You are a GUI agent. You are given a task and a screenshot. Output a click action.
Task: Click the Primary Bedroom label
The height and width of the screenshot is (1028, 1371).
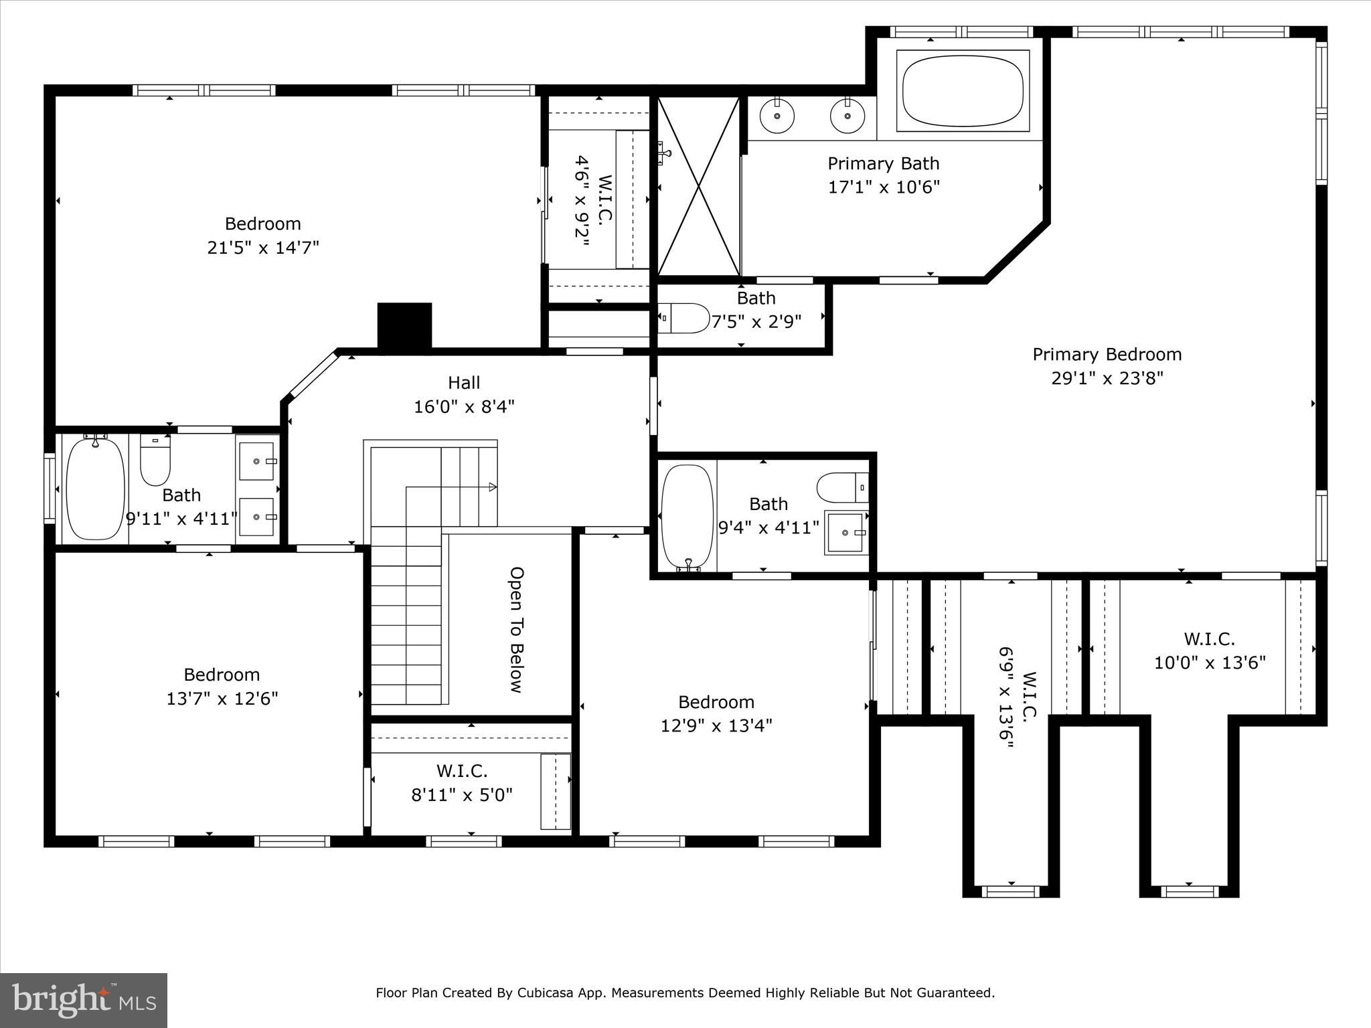tap(1107, 354)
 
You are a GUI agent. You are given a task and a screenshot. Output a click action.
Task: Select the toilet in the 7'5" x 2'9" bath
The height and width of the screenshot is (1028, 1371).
tap(683, 319)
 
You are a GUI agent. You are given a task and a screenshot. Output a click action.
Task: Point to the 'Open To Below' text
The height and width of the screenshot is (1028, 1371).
tap(516, 630)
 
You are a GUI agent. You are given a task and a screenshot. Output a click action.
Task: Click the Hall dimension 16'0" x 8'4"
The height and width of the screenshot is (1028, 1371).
tap(464, 406)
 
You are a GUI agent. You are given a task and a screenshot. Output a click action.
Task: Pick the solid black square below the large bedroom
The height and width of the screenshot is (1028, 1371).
tap(404, 325)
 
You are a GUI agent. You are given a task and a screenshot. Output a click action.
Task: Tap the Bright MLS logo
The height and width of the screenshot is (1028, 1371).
tap(84, 1000)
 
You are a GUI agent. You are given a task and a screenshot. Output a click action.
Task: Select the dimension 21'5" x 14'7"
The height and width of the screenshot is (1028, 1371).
tap(263, 248)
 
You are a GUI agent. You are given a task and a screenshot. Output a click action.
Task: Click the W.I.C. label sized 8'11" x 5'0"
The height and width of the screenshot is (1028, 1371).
tap(462, 771)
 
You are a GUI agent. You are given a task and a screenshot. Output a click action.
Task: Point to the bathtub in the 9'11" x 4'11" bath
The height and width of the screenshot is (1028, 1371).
tap(96, 487)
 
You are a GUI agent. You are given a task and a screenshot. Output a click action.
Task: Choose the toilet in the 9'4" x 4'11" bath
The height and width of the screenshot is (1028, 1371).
tap(843, 487)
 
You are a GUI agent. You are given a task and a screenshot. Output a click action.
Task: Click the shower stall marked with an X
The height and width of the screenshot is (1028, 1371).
tap(699, 185)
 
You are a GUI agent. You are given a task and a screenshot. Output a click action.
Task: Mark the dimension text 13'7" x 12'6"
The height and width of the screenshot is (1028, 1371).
tap(222, 698)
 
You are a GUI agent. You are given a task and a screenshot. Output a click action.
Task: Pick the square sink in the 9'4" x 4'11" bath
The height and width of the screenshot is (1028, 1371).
tap(847, 532)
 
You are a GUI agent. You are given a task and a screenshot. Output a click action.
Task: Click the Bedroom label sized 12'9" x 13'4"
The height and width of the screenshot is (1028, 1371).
tap(716, 701)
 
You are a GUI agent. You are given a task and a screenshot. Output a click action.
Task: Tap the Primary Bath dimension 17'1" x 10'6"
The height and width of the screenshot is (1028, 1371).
tap(884, 187)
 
